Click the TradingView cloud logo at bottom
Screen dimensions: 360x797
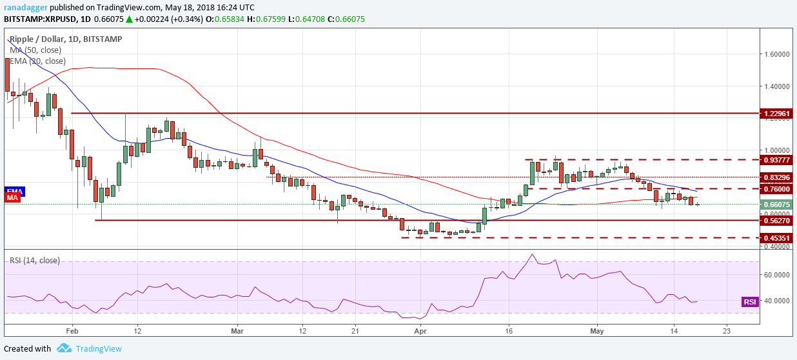64,348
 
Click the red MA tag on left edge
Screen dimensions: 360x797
12,197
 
